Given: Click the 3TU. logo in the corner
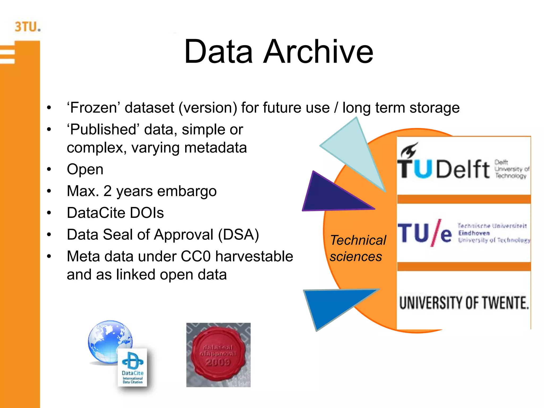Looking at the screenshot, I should pos(28,27).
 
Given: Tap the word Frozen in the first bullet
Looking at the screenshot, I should pos(94,108).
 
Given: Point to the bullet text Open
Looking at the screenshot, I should pos(85,169).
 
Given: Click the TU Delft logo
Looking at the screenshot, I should pos(463,165).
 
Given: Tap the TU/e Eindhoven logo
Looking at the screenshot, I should pos(463,233).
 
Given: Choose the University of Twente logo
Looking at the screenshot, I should pos(464,303).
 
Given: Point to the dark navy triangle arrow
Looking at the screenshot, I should pos(329,195).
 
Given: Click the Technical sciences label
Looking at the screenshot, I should pos(358,248).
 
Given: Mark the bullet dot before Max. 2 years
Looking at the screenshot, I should pos(49,191).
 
